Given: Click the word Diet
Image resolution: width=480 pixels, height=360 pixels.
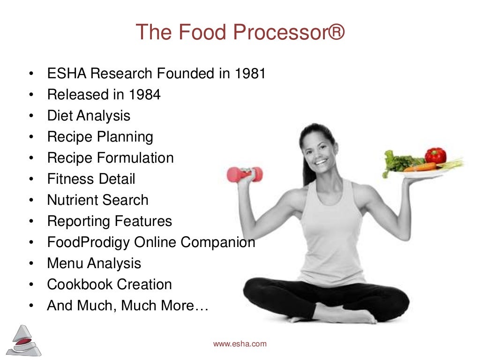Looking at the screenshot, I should click(x=60, y=116).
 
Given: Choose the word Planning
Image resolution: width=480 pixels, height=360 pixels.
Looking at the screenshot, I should click(x=125, y=137).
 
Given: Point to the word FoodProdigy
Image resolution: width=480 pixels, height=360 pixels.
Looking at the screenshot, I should click(x=89, y=242).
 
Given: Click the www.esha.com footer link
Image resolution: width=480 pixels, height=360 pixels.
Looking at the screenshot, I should click(x=240, y=344).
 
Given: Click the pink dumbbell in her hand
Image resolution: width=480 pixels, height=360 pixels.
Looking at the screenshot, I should click(x=244, y=174).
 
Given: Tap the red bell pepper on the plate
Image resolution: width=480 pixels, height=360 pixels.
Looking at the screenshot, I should click(x=435, y=156).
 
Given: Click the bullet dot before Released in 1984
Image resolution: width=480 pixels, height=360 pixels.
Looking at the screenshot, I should click(x=30, y=95).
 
